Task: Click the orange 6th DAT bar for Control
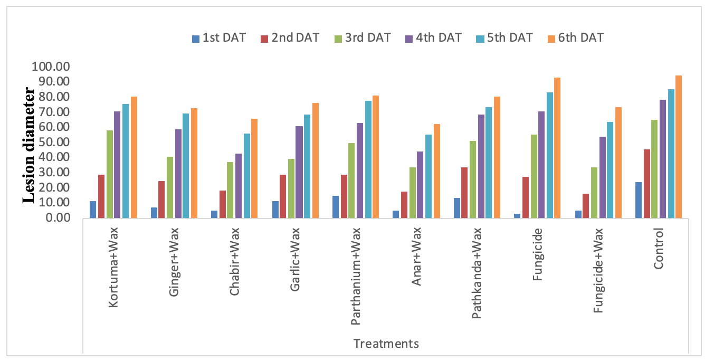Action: [x=679, y=147]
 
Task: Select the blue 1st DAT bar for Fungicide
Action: [x=517, y=216]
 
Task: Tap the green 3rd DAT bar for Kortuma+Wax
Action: [x=110, y=174]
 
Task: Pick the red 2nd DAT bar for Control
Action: [x=647, y=184]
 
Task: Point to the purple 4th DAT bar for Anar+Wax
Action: [x=420, y=185]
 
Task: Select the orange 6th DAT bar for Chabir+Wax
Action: [x=254, y=168]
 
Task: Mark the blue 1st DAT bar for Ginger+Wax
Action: [x=154, y=213]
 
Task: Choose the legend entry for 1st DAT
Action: [x=219, y=38]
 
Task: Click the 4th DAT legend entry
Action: [x=433, y=38]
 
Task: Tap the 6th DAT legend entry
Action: [x=576, y=38]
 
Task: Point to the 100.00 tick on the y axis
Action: [x=51, y=67]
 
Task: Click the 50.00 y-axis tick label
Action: [x=54, y=142]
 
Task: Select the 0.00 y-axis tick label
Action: [x=58, y=217]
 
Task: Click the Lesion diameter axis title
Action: [x=29, y=145]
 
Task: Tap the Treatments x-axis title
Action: [x=386, y=344]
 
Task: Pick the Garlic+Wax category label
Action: [x=295, y=260]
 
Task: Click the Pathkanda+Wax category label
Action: [x=477, y=273]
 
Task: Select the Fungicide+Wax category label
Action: [x=598, y=270]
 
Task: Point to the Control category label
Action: [x=658, y=249]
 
